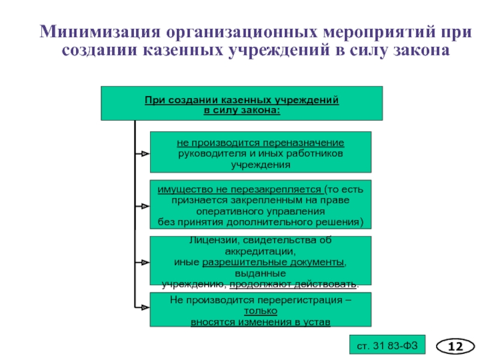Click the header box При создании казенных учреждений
pos(241,103)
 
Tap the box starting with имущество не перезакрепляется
pos(260,205)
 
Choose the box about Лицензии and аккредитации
pos(260,261)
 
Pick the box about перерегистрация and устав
pos(260,310)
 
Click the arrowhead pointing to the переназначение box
pos(145,154)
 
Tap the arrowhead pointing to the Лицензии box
pos(145,262)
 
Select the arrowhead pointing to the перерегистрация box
pos(145,307)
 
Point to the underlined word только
pos(260,311)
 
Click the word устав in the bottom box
pos(317,322)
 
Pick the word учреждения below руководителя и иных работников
pos(260,164)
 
